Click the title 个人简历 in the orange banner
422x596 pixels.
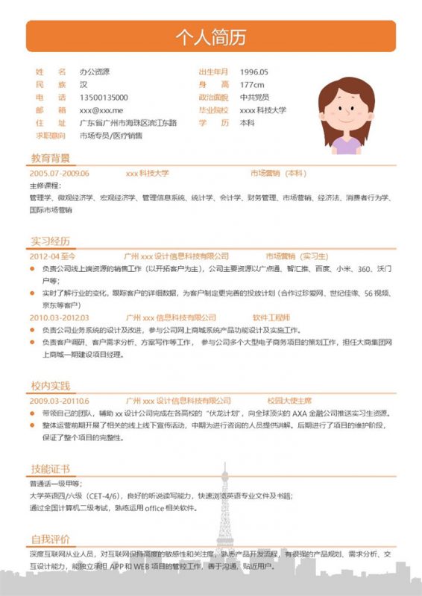[210, 37]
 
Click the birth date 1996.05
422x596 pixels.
[253, 72]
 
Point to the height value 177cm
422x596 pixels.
[252, 85]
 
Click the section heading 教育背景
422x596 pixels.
[50, 158]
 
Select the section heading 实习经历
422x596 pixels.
[50, 241]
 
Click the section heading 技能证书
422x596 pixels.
[50, 469]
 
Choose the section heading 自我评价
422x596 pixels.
[50, 539]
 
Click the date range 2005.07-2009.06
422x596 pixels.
[60, 173]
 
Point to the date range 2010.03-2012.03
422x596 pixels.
[60, 317]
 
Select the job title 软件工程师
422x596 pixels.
[271, 317]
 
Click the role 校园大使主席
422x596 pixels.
[289, 401]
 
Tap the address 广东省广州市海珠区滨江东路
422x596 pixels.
[128, 123]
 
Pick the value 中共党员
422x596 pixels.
[254, 98]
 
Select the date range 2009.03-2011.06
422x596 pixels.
[60, 401]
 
